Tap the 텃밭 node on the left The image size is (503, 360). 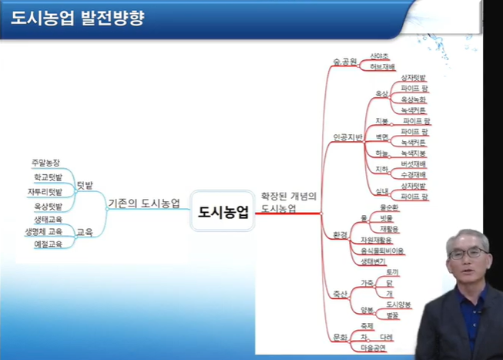(85, 185)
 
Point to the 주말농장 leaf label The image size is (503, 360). (45, 163)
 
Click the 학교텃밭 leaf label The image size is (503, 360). (48, 177)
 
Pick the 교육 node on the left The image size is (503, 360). (85, 231)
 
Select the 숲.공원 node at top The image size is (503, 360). (344, 61)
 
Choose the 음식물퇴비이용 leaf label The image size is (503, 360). (382, 251)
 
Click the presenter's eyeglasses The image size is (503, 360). (469, 252)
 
